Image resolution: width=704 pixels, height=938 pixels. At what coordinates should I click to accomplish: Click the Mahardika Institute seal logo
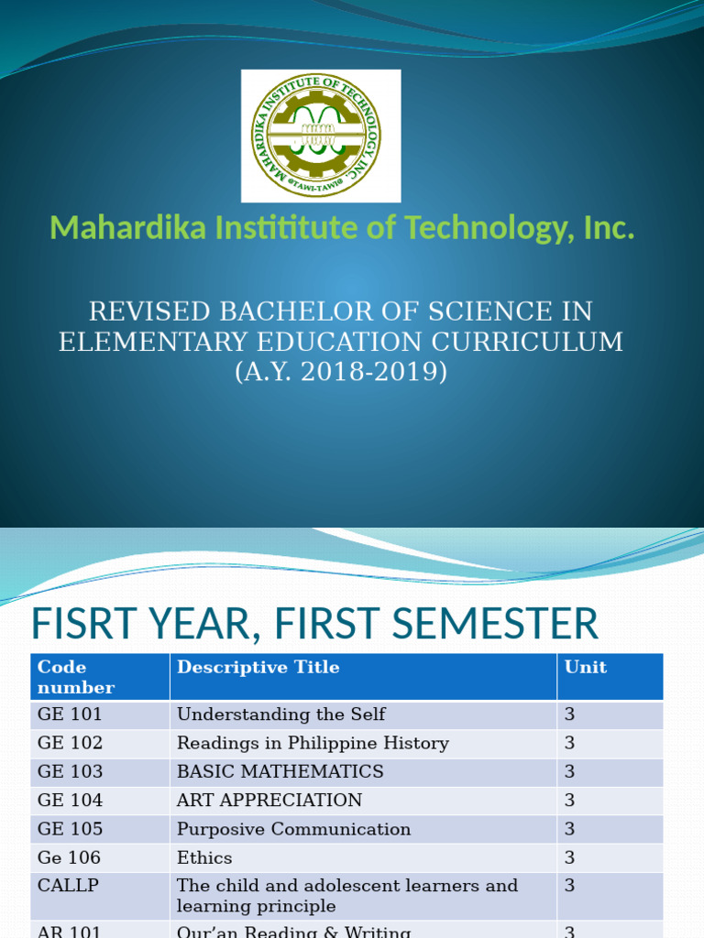(x=321, y=136)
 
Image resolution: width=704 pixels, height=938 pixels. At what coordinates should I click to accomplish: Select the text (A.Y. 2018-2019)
(x=340, y=373)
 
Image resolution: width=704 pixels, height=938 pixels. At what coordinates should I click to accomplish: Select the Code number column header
(x=77, y=677)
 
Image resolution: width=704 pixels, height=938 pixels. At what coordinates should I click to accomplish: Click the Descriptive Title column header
(x=258, y=668)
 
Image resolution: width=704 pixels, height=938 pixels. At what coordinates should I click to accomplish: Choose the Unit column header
(x=586, y=668)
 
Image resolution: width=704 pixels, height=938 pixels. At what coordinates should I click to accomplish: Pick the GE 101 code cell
(x=70, y=714)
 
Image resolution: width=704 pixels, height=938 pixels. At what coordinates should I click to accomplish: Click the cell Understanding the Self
(x=280, y=714)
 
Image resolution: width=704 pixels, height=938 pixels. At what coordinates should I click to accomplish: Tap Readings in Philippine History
(x=313, y=743)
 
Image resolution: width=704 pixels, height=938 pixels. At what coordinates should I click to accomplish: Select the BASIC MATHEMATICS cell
(x=280, y=771)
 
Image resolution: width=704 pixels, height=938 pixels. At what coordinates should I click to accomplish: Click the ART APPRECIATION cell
(x=269, y=800)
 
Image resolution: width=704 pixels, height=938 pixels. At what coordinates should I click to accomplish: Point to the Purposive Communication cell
(x=293, y=829)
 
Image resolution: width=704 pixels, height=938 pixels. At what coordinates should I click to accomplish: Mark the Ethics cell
(x=204, y=857)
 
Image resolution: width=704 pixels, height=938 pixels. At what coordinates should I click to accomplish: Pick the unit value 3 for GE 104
(x=569, y=800)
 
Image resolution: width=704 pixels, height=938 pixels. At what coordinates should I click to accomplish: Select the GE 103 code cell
(x=70, y=771)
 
